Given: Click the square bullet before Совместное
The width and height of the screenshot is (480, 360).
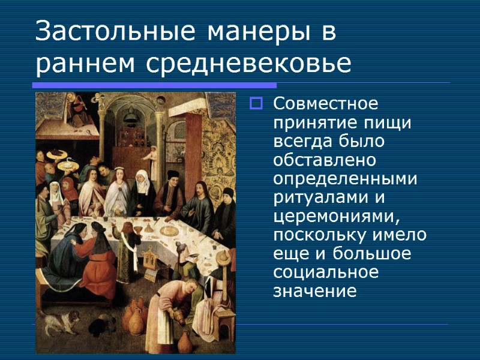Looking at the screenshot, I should pyautogui.click(x=256, y=104).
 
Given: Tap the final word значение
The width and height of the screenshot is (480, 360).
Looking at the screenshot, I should pyautogui.click(x=314, y=291).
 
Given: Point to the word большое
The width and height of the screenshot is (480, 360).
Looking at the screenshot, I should pyautogui.click(x=377, y=254).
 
